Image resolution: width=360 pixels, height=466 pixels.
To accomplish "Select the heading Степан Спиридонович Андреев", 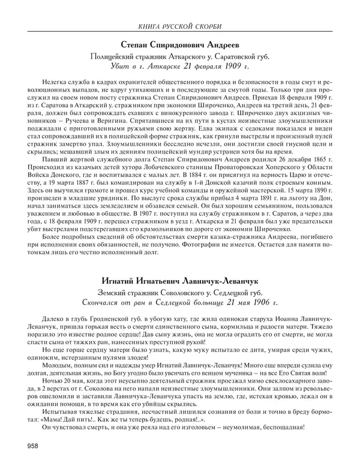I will [x=180, y=45].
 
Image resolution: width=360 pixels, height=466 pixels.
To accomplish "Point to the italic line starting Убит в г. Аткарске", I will [x=180, y=66].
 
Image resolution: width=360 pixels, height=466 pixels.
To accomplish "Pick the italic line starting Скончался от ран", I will [x=180, y=301].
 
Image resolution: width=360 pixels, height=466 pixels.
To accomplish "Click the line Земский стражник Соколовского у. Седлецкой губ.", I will [x=180, y=291].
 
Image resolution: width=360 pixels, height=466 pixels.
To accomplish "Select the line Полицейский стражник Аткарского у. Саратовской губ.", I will [x=180, y=56].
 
